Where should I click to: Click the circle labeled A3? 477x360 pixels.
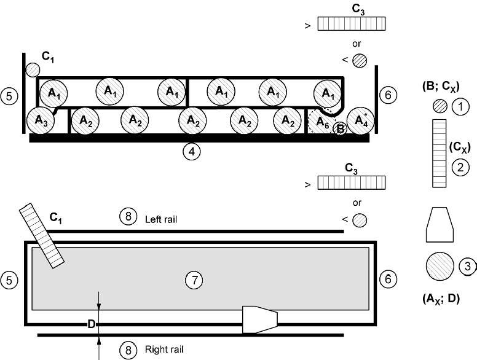[x=41, y=120]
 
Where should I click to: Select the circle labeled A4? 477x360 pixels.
[x=360, y=120]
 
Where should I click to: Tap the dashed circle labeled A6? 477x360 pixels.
[x=321, y=121]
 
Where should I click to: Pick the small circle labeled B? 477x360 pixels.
[x=340, y=128]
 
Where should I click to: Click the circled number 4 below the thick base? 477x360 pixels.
[x=192, y=151]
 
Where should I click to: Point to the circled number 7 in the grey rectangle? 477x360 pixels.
[x=194, y=280]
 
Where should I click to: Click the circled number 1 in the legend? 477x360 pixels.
[x=460, y=107]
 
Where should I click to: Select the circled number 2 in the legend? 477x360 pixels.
[x=460, y=167]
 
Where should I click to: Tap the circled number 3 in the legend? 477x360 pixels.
[x=467, y=266]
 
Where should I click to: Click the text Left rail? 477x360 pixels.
[x=161, y=219]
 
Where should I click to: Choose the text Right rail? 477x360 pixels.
[x=164, y=350]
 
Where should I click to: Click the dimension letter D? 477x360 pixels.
[x=91, y=324]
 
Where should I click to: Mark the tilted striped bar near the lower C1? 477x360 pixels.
[x=41, y=236]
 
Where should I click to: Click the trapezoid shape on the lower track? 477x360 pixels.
[x=260, y=319]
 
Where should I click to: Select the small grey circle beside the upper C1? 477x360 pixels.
[x=32, y=70]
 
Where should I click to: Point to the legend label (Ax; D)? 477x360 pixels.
[x=441, y=299]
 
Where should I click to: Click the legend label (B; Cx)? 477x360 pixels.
[x=441, y=87]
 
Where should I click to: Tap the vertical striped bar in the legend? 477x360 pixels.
[x=440, y=153]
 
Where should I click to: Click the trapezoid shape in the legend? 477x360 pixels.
[x=440, y=225]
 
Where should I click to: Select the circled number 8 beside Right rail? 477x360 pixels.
[x=128, y=350]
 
